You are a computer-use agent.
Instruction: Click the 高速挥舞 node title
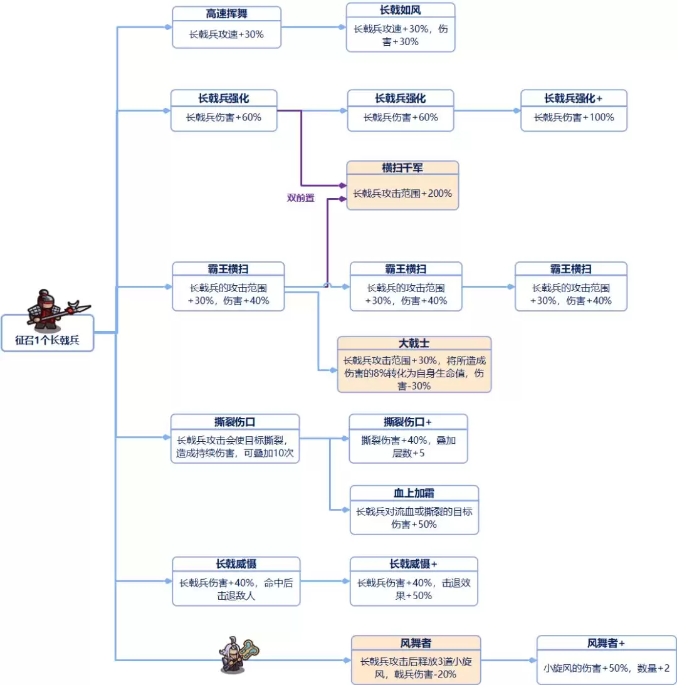coord(226,14)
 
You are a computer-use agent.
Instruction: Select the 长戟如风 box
coord(400,28)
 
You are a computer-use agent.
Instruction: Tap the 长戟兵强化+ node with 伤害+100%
coord(574,111)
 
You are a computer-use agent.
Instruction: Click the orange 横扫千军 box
coord(402,186)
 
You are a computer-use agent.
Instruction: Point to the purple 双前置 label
coord(300,197)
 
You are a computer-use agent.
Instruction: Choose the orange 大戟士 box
coord(414,365)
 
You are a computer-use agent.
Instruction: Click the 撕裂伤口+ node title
coord(408,421)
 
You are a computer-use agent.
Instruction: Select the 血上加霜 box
coord(414,510)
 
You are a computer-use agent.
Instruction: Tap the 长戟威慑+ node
coord(413,582)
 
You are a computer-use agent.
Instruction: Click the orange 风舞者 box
coord(416,660)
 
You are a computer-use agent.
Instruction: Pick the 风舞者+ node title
coord(606,644)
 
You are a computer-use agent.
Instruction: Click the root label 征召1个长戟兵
coord(48,342)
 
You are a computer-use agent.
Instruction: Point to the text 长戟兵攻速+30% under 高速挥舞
coord(226,35)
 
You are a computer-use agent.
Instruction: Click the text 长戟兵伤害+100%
coord(574,117)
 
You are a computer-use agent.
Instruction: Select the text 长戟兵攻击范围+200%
coord(402,194)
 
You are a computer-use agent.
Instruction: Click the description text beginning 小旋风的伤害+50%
coord(606,668)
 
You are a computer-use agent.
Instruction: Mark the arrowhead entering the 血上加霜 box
coord(347,510)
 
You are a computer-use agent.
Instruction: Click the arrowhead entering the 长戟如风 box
coord(342,28)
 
